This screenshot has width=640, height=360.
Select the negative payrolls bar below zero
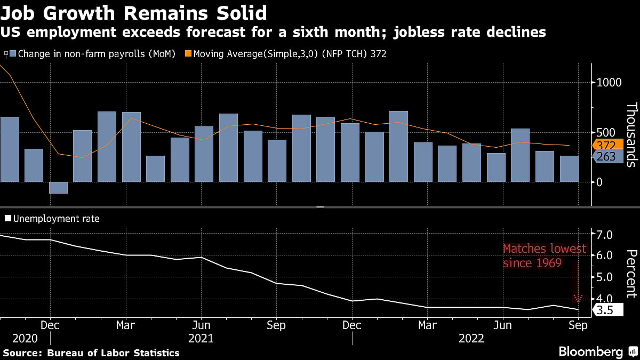tap(58, 188)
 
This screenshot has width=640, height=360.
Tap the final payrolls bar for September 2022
tap(569, 169)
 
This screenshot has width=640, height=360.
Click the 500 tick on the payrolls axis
tap(604, 132)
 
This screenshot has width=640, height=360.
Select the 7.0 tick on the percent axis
tap(604, 234)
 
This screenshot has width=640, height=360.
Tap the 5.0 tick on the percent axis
tap(604, 277)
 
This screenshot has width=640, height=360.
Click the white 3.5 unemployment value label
tap(605, 309)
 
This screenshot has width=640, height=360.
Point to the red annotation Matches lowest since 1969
tap(545, 255)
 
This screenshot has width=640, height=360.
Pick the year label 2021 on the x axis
tap(201, 339)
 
